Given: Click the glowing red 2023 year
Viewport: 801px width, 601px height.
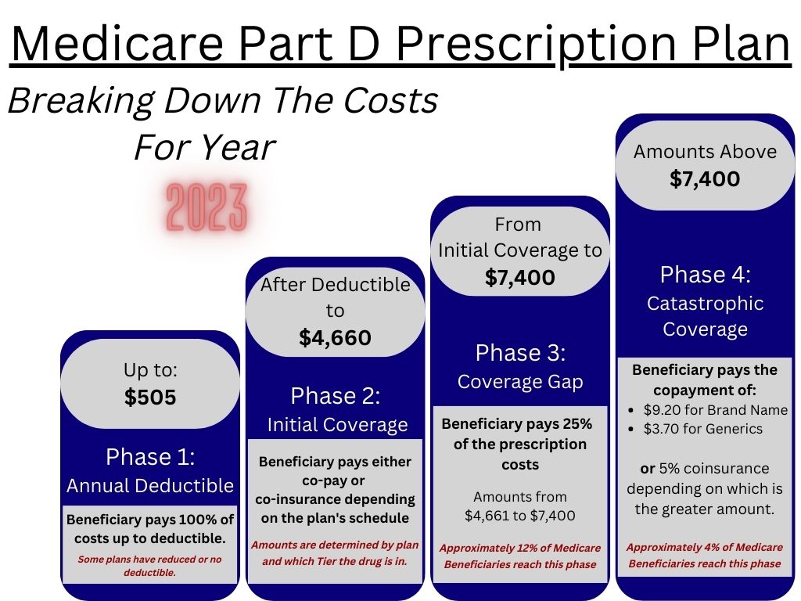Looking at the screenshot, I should tap(207, 207).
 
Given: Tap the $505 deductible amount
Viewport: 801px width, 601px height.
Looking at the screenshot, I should tap(150, 398).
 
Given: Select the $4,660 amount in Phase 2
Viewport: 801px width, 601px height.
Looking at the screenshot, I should tap(335, 337).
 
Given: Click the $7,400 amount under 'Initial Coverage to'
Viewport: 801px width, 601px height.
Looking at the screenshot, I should tap(520, 277).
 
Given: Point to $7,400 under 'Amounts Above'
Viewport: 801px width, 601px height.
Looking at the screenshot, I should tap(705, 179).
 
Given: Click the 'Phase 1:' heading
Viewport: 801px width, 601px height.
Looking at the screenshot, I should tap(150, 456).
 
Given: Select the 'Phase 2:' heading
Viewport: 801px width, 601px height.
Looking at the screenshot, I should tap(336, 396).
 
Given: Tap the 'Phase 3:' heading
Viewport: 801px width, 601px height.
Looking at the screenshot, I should tap(520, 353).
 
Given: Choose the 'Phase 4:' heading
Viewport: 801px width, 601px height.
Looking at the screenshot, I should tap(705, 275).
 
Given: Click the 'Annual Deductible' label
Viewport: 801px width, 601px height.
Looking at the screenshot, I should tap(150, 486).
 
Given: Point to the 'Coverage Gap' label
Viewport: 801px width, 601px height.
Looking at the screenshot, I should tap(520, 382).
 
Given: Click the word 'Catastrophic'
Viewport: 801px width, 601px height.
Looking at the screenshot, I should tap(705, 304).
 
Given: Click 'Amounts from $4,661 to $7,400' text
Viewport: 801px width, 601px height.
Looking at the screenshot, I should tap(520, 506).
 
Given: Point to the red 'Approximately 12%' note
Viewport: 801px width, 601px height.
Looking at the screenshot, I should tap(520, 556).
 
